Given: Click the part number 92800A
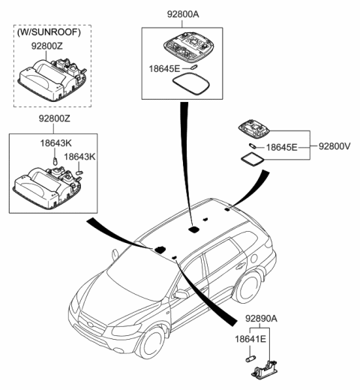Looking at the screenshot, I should click(179, 13).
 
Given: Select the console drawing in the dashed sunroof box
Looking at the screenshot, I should click(49, 79).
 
